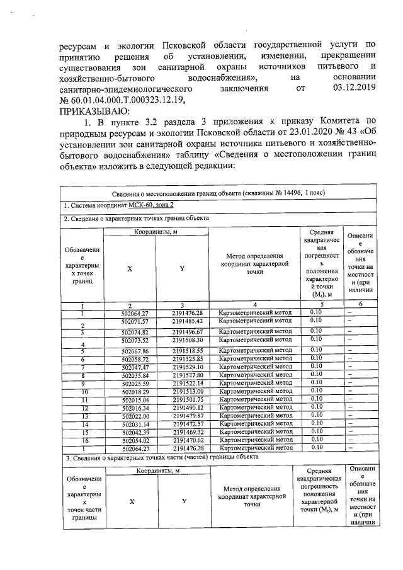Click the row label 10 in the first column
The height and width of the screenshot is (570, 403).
(82, 391)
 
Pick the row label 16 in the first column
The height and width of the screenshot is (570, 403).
(82, 440)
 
